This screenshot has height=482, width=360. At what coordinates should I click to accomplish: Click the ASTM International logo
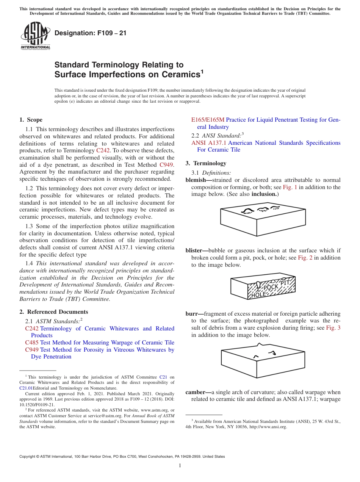(35, 36)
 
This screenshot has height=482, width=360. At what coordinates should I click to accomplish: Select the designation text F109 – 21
(91, 33)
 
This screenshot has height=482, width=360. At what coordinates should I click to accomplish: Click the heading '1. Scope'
(31, 120)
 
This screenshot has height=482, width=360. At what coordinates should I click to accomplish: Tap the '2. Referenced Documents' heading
(54, 312)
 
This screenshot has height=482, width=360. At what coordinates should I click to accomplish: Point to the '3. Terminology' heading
(206, 163)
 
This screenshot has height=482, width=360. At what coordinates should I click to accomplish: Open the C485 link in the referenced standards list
(32, 343)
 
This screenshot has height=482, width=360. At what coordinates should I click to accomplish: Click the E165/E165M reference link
(208, 120)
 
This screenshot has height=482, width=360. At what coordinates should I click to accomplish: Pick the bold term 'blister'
(195, 250)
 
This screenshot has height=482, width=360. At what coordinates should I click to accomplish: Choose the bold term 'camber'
(196, 392)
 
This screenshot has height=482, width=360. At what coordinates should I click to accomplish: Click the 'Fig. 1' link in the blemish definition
(291, 187)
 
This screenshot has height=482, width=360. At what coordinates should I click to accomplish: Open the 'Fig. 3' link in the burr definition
(333, 328)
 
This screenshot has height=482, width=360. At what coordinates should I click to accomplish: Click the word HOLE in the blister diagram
(258, 294)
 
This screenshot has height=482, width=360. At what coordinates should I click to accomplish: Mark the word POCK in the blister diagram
(271, 287)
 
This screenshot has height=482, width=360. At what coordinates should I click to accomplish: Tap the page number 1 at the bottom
(180, 466)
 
